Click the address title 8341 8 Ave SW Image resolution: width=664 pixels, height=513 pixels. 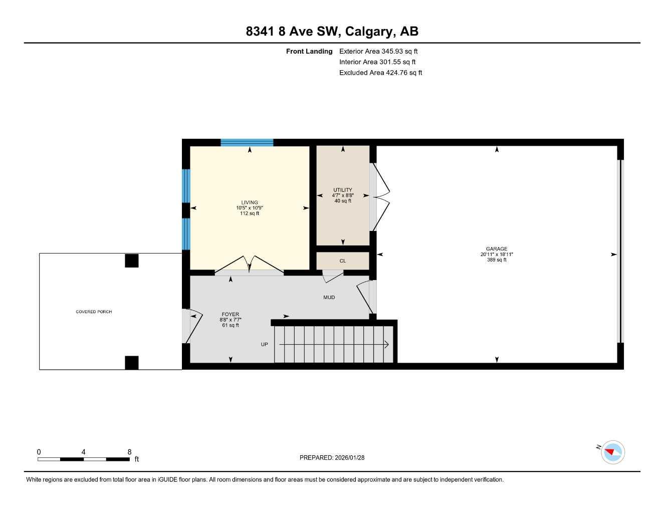click(x=332, y=32)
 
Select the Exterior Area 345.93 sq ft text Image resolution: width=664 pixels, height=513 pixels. click(x=378, y=51)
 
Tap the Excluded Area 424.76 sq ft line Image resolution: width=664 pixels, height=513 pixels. click(x=380, y=73)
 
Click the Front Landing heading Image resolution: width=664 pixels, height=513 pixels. click(x=309, y=51)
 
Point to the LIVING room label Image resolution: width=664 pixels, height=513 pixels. click(x=250, y=203)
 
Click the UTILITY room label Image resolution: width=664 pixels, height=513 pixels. click(x=343, y=190)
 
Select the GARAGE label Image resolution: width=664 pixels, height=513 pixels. click(x=497, y=249)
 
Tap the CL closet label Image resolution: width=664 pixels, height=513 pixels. click(x=343, y=261)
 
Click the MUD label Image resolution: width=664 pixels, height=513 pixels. click(x=329, y=298)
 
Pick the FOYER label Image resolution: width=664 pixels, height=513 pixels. click(x=231, y=315)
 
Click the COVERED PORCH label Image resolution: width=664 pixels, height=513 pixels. click(x=94, y=312)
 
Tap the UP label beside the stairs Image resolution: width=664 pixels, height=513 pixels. click(x=265, y=345)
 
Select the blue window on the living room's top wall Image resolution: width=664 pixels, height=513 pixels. click(x=247, y=143)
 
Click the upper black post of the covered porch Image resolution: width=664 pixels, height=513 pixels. click(x=131, y=261)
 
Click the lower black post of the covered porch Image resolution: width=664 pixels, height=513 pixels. click(x=131, y=363)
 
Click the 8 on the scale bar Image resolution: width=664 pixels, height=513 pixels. click(x=129, y=452)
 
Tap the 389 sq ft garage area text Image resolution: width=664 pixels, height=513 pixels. click(x=497, y=260)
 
